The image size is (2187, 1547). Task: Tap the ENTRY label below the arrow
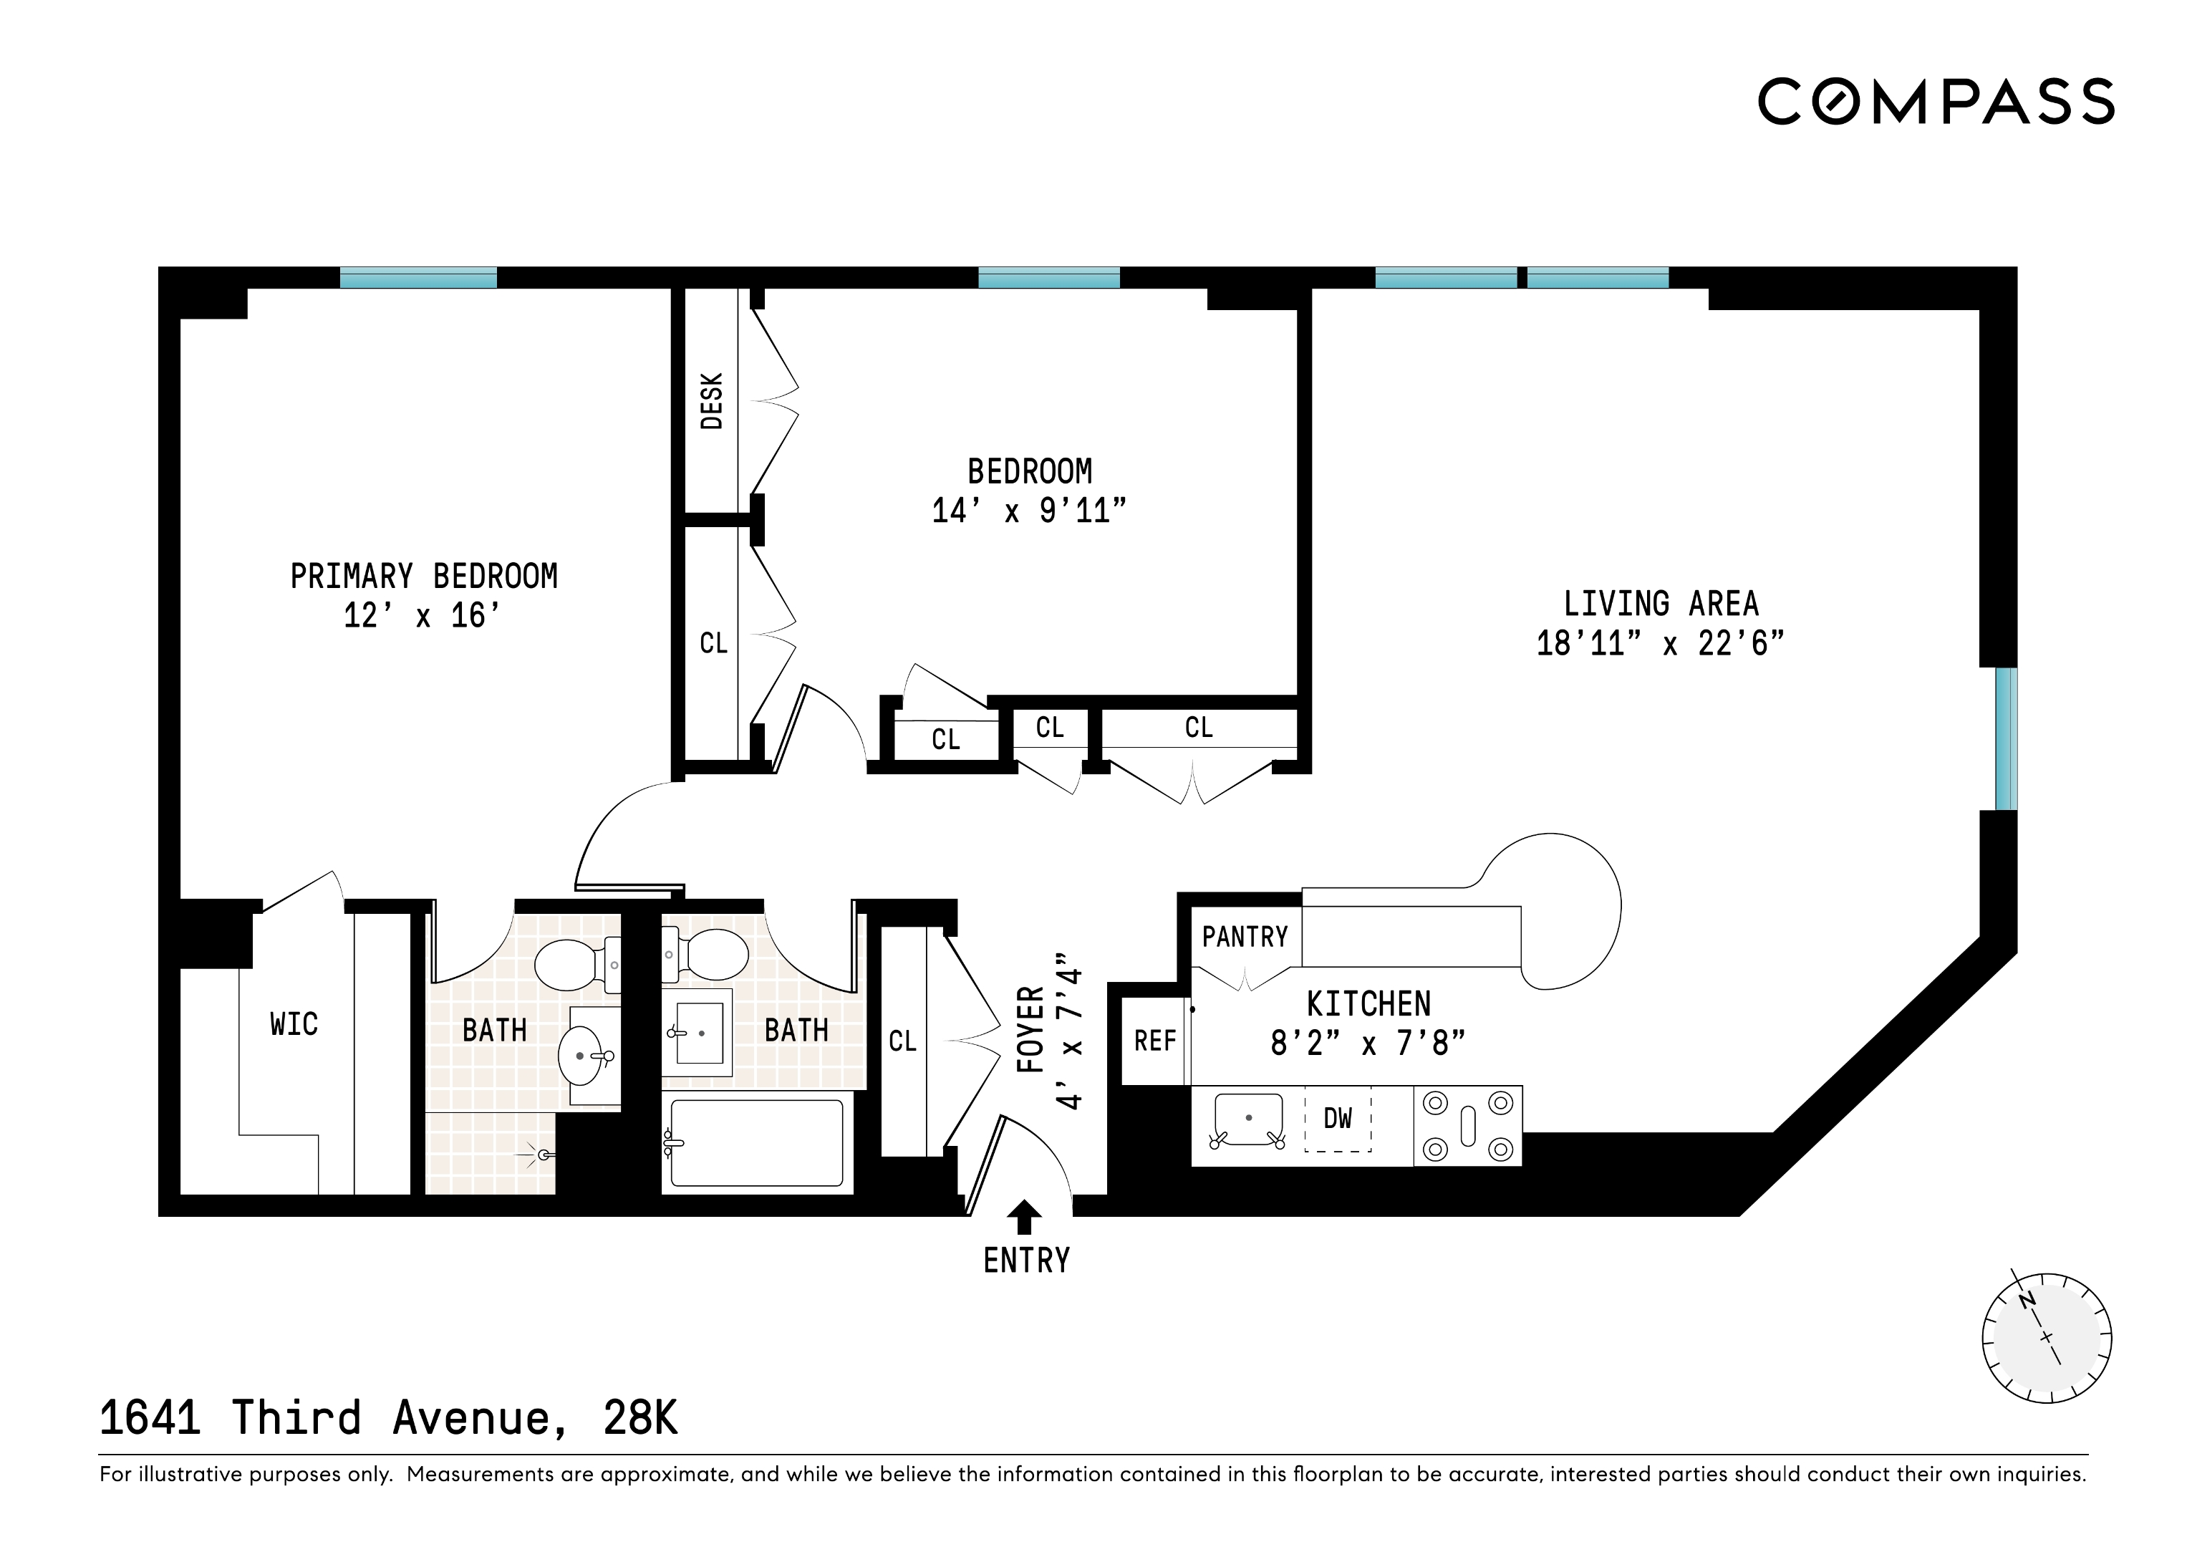1026,1261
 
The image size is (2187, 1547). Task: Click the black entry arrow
1024,1216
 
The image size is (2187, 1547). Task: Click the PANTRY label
1244,938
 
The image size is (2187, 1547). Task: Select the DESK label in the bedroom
712,401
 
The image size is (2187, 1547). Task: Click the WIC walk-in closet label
294,1025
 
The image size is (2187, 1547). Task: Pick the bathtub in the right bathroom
756,1143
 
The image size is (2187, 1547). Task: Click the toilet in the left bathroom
571,965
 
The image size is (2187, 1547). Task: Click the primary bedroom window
418,278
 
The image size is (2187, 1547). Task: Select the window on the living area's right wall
2006,738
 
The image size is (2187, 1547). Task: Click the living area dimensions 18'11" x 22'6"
1659,644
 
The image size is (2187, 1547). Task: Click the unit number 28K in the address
640,1418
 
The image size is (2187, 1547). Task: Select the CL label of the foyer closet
902,1041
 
